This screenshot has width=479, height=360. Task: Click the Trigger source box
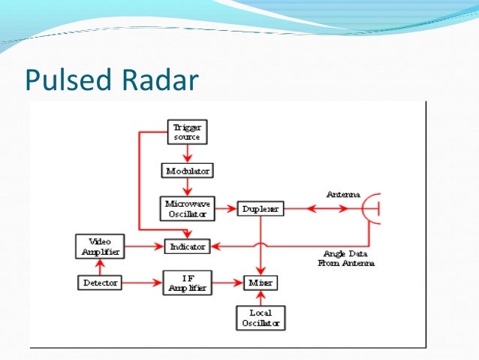coord(185,132)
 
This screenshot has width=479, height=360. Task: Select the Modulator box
coord(187,171)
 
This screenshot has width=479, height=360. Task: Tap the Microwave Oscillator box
coord(185,208)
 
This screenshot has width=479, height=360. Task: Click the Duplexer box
coord(261,208)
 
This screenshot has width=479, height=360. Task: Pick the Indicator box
coord(187,246)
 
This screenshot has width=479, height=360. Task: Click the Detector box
coord(99,283)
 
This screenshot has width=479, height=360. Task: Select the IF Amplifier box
coord(187,283)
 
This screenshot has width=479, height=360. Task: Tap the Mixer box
coord(261,283)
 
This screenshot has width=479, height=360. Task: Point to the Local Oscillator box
coord(261,317)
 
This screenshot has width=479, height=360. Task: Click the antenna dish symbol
coord(372,208)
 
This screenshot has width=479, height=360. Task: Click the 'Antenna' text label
coord(342,194)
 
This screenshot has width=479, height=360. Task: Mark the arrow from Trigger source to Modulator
coord(186,153)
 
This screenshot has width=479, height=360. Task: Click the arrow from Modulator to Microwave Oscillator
coord(186,189)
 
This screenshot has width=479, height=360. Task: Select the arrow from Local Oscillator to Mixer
coord(261,298)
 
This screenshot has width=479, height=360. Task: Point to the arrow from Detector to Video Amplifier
coord(99,266)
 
